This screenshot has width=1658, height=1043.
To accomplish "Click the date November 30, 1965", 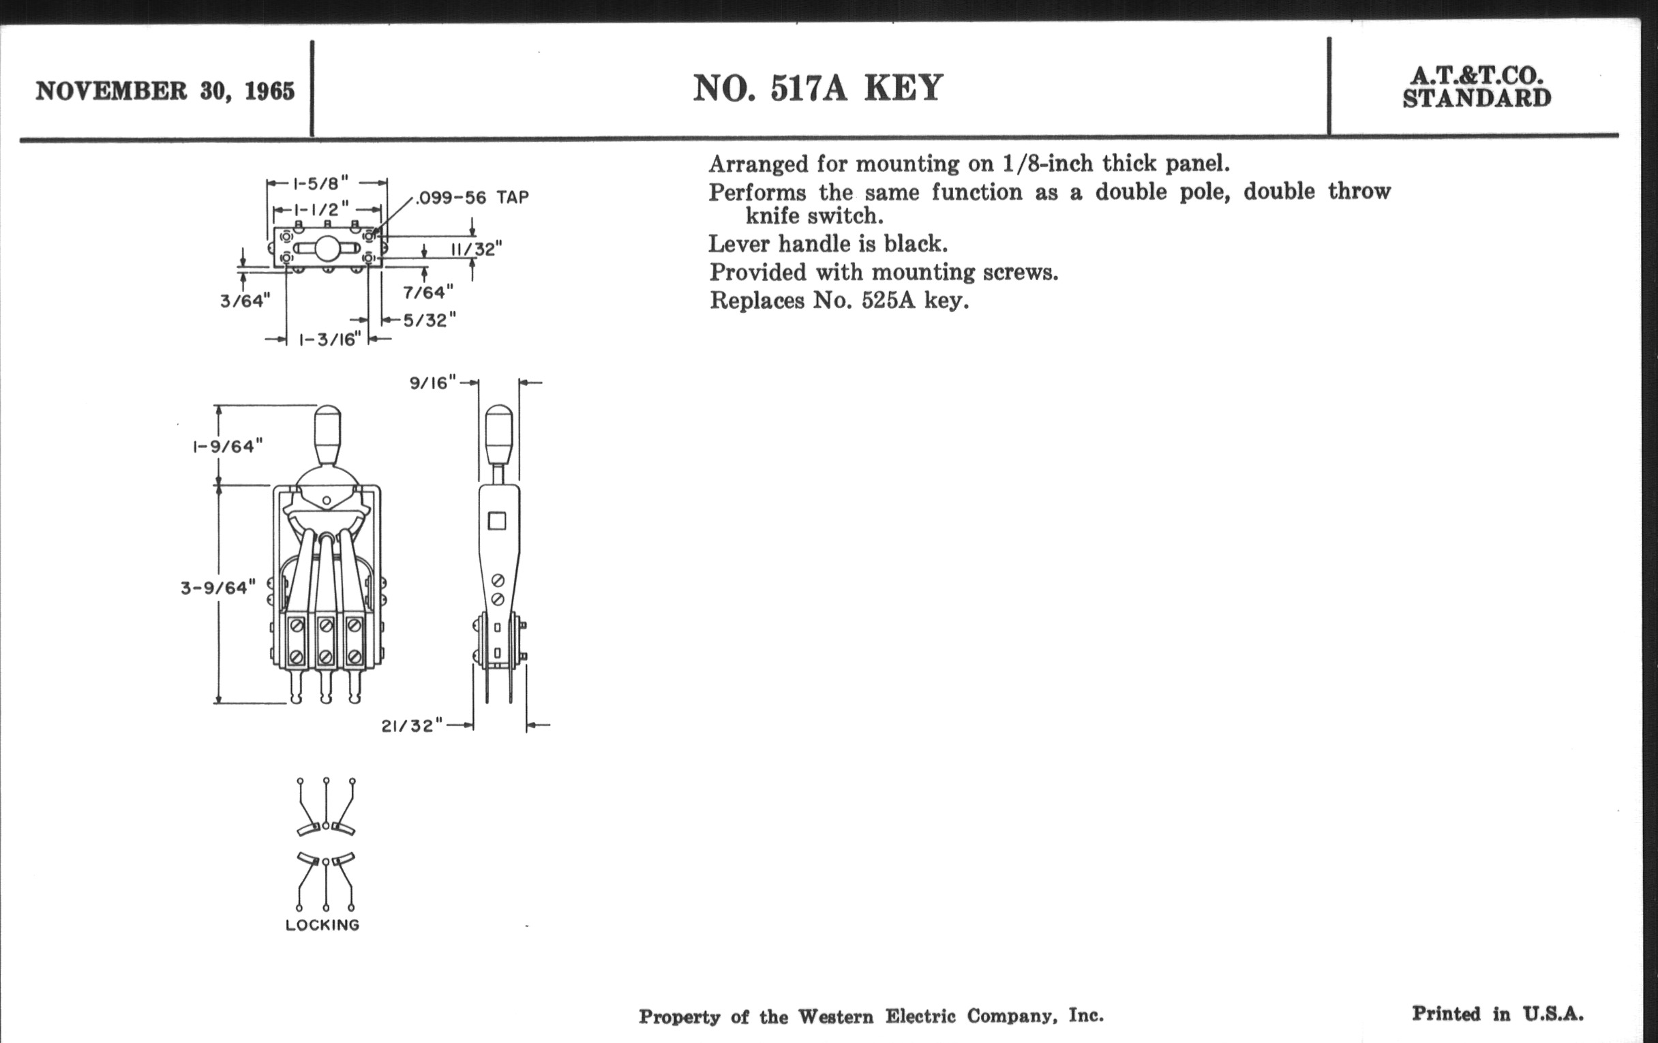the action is pos(165,91).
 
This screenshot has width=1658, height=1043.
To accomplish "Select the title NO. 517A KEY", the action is pos(817,88).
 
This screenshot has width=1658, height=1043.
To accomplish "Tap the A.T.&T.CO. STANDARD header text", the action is pos(1477,87).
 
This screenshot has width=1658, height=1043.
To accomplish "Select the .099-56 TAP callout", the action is pos(472,198).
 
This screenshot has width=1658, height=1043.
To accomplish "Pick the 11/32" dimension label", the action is pos(477,249).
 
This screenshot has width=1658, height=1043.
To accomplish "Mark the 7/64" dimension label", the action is pos(428,292).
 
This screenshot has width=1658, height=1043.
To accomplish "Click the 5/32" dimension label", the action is pos(429,320).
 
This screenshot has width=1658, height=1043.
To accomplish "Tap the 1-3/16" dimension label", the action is pos(330,339).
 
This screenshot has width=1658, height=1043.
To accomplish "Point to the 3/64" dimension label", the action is pos(245,301).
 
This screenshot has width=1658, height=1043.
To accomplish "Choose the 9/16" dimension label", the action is pos(433,383).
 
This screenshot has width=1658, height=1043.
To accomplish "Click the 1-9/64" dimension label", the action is pos(227,447).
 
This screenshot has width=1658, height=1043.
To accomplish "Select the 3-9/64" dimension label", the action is pos(218,588).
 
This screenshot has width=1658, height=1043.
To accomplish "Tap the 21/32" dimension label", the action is pos(412,725).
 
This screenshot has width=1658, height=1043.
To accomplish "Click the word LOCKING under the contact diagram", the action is pos(323,925).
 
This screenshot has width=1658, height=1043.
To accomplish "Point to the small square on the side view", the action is pos(497,520).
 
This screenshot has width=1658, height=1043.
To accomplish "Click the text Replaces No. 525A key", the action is pos(839,301).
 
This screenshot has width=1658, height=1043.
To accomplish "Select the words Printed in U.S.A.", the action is pos(1498,1014).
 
